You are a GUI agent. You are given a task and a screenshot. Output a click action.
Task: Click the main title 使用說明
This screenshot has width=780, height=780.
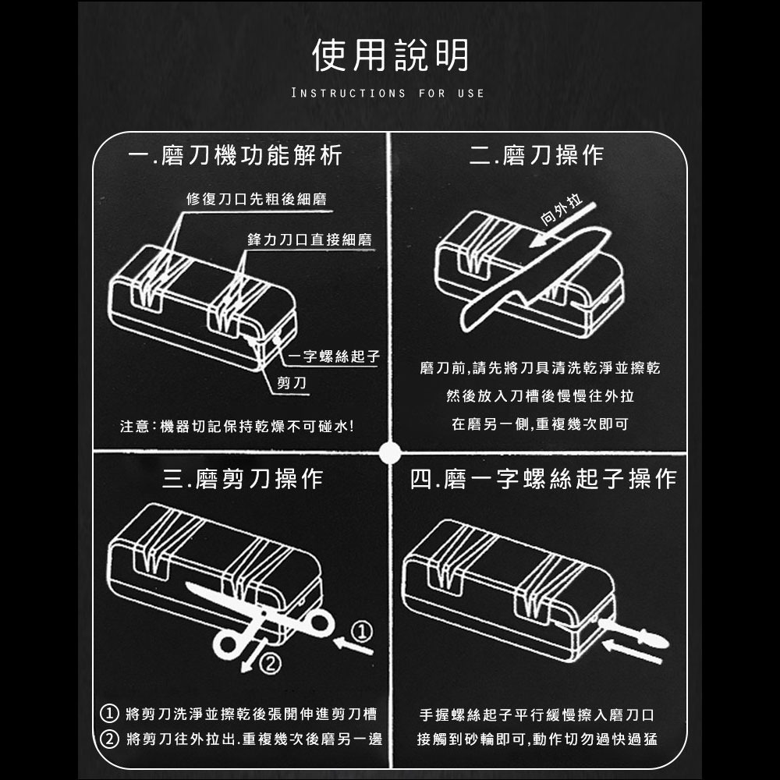pos(390,56)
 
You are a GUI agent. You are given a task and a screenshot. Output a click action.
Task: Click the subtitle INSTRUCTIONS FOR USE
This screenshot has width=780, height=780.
pos(388,94)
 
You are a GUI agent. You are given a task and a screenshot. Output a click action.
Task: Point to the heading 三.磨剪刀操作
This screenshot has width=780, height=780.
pos(242,478)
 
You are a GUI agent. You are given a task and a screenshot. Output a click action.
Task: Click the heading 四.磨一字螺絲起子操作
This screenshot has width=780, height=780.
pos(543,478)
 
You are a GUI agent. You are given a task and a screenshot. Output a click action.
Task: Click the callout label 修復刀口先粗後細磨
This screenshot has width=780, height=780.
pos(257,200)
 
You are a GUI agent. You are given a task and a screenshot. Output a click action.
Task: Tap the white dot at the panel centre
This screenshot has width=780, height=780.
pos(390,452)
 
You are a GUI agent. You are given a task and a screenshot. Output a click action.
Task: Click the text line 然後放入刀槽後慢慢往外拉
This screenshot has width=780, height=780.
pos(540,397)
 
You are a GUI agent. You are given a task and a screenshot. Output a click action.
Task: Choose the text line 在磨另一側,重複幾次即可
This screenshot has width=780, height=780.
pos(540,425)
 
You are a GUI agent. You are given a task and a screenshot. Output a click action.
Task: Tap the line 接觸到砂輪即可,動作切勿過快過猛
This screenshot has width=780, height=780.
pos(537,739)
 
